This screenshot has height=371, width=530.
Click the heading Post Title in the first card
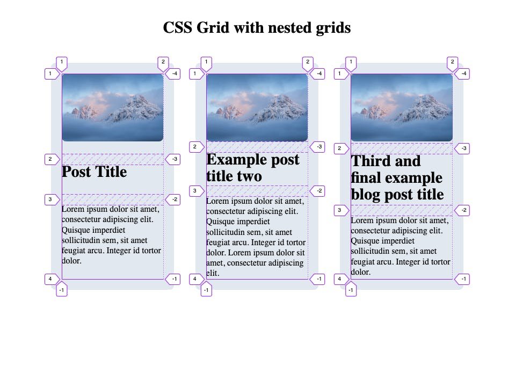click(95, 172)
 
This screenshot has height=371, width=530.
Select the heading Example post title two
click(253, 168)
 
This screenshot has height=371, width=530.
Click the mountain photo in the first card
click(112, 108)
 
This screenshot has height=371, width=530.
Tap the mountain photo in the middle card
click(257, 108)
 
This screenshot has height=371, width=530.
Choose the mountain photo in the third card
click(401, 108)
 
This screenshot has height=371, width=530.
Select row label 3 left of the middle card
click(196, 190)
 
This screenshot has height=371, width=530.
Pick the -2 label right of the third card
click(463, 210)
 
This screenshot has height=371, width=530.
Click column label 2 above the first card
click(162, 62)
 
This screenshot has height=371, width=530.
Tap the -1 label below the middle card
click(207, 290)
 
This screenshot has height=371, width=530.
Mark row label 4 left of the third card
click(340, 279)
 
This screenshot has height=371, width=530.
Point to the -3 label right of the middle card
click(318, 147)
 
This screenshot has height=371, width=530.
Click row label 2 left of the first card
click(51, 159)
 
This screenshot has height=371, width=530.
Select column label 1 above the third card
click(351, 62)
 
